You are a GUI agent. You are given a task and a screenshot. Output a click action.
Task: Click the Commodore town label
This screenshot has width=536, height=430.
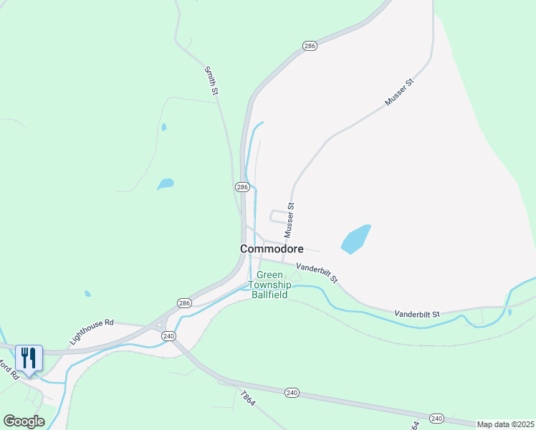(x=272, y=249)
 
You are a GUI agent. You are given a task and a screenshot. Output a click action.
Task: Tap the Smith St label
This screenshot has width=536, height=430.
(x=211, y=80)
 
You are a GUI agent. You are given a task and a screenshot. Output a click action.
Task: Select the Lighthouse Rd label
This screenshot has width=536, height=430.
(x=92, y=332)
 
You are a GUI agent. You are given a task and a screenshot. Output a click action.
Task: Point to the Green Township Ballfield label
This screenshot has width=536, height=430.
(x=269, y=285)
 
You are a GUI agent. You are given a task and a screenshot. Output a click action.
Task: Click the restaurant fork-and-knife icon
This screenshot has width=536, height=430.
(x=29, y=357)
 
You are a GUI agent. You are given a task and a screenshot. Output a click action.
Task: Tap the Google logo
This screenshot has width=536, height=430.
(x=24, y=421)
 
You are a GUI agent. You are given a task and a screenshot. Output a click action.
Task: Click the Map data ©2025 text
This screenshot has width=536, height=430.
(x=504, y=424)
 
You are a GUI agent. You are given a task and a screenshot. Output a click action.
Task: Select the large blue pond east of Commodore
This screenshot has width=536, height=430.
(x=356, y=239)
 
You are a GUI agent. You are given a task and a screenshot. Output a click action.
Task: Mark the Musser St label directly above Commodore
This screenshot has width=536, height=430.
(x=289, y=220)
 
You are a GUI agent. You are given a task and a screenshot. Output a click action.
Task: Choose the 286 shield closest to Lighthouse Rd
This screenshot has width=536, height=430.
(x=185, y=302)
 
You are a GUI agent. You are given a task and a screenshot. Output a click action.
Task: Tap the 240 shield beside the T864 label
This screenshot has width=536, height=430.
(x=292, y=393)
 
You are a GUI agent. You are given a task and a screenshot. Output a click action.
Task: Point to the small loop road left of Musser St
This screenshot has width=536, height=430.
(x=277, y=216)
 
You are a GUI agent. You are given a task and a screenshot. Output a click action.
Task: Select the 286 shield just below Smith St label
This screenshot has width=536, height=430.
(x=241, y=187)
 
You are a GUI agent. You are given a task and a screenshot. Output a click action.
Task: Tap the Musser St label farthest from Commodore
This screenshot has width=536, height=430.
(x=400, y=93)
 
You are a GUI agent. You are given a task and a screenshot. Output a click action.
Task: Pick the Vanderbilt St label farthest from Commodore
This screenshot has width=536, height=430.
(x=416, y=314)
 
